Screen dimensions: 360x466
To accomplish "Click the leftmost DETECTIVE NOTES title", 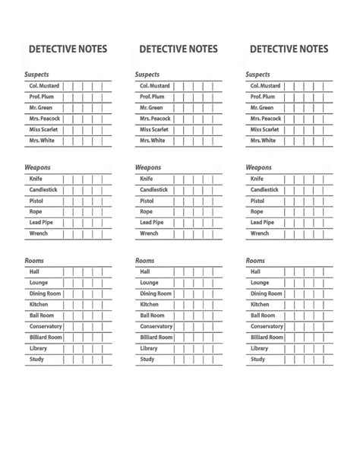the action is pyautogui.click(x=68, y=49).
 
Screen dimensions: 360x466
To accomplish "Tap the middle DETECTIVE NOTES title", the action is pyautogui.click(x=178, y=49).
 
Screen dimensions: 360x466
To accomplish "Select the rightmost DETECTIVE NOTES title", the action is pyautogui.click(x=289, y=49).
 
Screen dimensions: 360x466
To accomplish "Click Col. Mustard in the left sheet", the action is pyautogui.click(x=44, y=87).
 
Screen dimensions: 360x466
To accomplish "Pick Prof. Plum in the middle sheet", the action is pyautogui.click(x=152, y=97).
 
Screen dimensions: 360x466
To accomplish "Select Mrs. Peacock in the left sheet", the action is pyautogui.click(x=45, y=119).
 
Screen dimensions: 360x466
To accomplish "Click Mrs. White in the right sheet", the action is pyautogui.click(x=264, y=141).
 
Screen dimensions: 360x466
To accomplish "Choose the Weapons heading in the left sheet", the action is pyautogui.click(x=39, y=167).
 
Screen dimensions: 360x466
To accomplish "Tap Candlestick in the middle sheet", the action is pyautogui.click(x=154, y=190).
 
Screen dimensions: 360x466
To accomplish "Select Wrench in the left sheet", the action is pyautogui.click(x=38, y=234).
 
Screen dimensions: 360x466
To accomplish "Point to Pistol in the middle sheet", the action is pyautogui.click(x=147, y=201).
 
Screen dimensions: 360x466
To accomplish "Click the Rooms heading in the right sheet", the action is pyautogui.click(x=256, y=261).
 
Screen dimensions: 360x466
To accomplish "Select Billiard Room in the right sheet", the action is pyautogui.click(x=267, y=338).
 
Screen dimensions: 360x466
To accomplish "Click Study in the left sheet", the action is pyautogui.click(x=36, y=360).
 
